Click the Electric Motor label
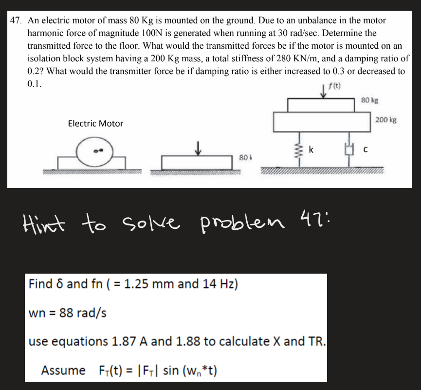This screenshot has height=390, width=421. pyautogui.click(x=95, y=124)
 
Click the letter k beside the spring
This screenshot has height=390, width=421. pyautogui.click(x=311, y=150)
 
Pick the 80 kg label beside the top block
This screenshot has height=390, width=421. pyautogui.click(x=371, y=101)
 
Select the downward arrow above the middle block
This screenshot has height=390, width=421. pyautogui.click(x=197, y=148)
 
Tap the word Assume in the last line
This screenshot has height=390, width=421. pyautogui.click(x=63, y=371)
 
